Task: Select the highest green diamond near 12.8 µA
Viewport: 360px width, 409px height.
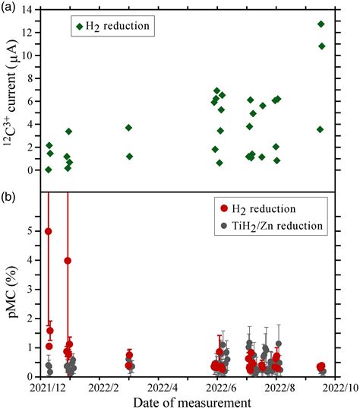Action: (x=321, y=24)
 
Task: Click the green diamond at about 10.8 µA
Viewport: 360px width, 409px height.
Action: (x=322, y=46)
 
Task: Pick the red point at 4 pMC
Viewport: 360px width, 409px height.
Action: (x=68, y=261)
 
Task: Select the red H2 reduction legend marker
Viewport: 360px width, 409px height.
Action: (x=226, y=208)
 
